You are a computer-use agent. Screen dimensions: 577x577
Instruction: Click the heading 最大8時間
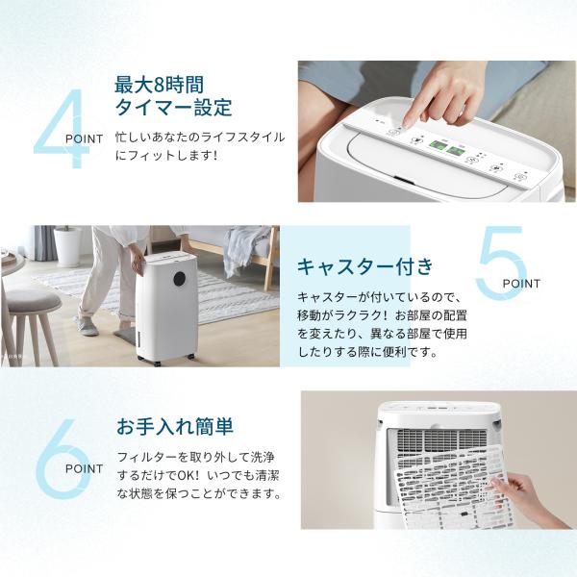pyautogui.click(x=159, y=85)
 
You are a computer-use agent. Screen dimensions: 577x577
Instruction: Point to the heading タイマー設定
pyautogui.click(x=173, y=108)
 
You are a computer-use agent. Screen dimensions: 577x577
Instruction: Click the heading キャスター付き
pyautogui.click(x=365, y=266)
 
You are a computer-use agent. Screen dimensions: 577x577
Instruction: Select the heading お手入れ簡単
pyautogui.click(x=175, y=426)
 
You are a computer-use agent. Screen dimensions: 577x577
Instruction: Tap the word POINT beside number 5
pyautogui.click(x=521, y=284)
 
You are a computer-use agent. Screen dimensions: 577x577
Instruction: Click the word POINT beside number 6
pyautogui.click(x=85, y=469)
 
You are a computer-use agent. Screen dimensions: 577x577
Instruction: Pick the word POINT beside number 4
pyautogui.click(x=85, y=139)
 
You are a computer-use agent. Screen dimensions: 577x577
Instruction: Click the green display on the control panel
pyautogui.click(x=446, y=147)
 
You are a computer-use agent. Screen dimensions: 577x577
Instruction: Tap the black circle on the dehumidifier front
pyautogui.click(x=182, y=280)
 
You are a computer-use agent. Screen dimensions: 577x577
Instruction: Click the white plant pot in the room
pyautogui.click(x=67, y=246)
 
